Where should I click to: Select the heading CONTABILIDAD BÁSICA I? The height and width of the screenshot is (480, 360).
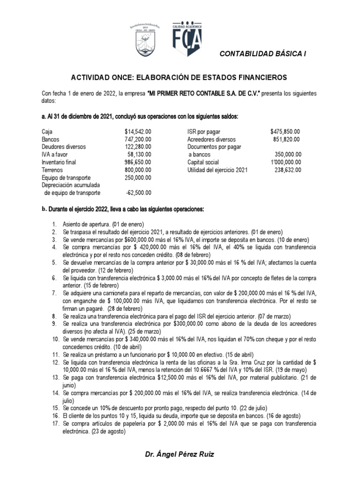pos(263,54)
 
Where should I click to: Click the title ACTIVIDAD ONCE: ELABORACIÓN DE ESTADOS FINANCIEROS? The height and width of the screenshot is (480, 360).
pos(180,76)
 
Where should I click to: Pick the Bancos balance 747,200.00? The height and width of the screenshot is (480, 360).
pos(138,140)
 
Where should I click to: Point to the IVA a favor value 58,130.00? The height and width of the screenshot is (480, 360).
pos(139,155)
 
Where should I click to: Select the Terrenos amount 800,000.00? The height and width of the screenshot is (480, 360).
pos(138,170)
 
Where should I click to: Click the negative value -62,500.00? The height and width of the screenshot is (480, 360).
pos(139,193)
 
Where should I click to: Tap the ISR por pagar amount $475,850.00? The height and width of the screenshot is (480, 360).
pos(285,132)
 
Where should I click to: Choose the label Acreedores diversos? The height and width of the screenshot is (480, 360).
pos(211,140)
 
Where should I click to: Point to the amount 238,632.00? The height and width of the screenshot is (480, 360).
pos(287,170)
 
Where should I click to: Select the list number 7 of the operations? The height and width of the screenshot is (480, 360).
pos(54,292)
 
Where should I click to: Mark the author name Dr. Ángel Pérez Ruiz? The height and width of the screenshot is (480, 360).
pos(180,454)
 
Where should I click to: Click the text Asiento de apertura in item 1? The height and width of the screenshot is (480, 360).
pos(85,225)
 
